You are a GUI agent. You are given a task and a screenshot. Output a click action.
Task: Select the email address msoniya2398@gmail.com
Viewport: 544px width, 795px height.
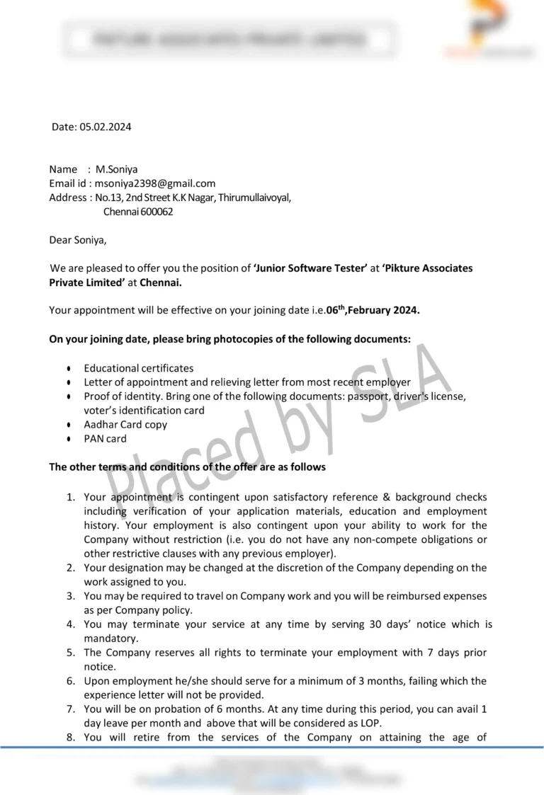(x=155, y=183)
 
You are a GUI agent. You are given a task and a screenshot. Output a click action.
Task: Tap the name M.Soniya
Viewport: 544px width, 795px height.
(x=117, y=169)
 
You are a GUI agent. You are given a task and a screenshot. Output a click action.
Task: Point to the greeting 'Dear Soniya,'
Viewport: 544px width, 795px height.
(x=78, y=239)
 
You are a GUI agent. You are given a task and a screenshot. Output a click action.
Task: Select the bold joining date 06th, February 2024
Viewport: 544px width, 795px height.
(x=373, y=311)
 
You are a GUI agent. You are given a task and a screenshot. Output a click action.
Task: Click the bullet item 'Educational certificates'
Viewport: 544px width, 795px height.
(x=138, y=368)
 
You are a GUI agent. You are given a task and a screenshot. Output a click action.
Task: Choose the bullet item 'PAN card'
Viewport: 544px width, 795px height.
(x=105, y=439)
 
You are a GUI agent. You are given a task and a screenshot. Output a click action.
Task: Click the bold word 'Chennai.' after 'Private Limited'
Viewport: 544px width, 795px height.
(x=161, y=282)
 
